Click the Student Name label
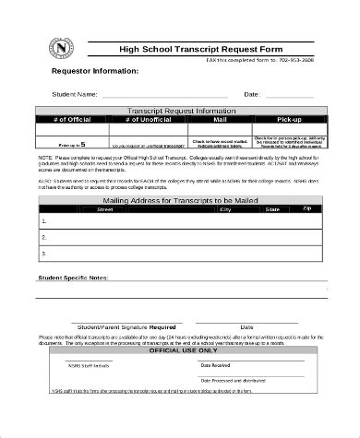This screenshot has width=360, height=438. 76,94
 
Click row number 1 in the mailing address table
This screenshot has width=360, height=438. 43,222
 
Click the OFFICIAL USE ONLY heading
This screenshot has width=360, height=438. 179,349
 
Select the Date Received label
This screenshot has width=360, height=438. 221,366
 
